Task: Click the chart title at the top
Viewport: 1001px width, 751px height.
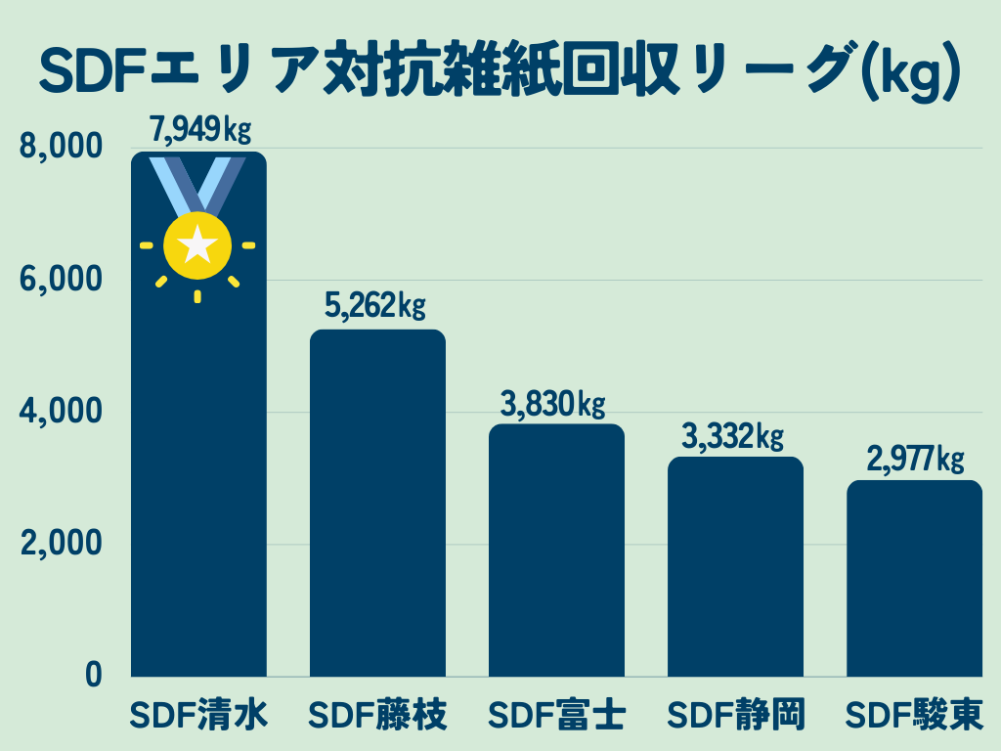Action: tap(500, 69)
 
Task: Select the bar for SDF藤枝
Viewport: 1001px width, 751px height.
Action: tap(377, 503)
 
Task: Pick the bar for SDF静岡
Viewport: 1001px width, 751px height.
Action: tap(735, 566)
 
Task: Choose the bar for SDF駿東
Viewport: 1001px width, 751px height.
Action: tap(914, 578)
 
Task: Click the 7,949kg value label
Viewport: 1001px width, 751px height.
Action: tap(199, 129)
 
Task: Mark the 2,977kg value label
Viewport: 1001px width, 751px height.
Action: tap(913, 459)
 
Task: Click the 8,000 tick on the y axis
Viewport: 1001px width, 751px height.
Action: tap(61, 148)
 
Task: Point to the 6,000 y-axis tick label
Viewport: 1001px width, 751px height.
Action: tap(61, 280)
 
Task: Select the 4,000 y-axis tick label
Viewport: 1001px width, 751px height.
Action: tap(61, 412)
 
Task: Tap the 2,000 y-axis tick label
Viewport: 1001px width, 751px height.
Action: tap(61, 544)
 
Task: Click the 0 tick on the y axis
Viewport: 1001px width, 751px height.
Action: tap(93, 676)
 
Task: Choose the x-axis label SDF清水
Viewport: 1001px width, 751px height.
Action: tap(199, 715)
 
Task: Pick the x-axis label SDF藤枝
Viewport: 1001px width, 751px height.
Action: tap(377, 715)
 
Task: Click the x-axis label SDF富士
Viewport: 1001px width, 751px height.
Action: tap(556, 715)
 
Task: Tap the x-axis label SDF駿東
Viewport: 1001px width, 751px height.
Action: tap(914, 715)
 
